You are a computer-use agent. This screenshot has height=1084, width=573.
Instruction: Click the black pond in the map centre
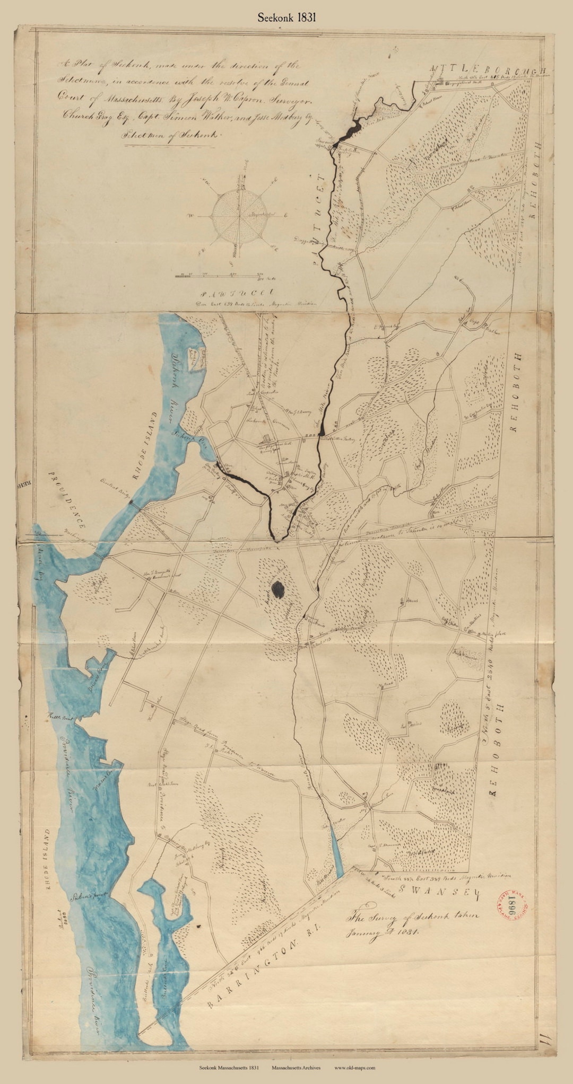[x=277, y=588]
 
